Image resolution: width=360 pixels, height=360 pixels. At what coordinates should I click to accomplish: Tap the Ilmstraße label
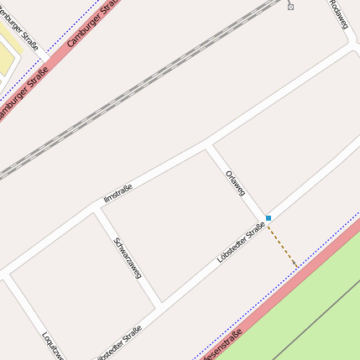point(117,192)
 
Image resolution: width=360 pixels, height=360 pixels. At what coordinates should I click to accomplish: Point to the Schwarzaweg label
point(128,258)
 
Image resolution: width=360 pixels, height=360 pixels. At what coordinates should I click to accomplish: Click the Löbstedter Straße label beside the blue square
point(241,244)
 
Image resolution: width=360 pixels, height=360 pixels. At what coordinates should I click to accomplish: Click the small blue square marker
point(269,218)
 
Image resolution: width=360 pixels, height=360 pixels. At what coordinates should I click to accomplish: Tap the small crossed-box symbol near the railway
point(290,7)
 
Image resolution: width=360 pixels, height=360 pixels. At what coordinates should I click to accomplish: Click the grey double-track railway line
point(134,97)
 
